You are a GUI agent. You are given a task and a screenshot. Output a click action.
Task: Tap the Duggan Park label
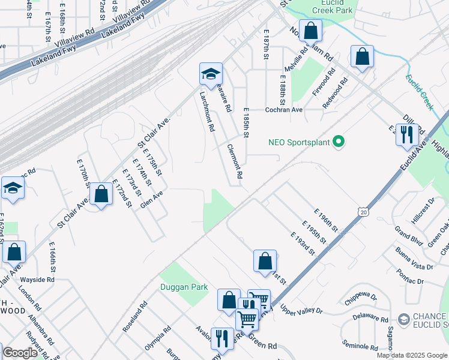(184, 287)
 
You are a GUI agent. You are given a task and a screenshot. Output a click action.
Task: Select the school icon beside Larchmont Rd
(211, 74)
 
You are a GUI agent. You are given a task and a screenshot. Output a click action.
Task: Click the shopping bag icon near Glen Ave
(101, 194)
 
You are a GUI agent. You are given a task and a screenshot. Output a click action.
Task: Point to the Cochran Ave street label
(285, 110)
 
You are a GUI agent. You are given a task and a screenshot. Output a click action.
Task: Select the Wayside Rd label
(37, 280)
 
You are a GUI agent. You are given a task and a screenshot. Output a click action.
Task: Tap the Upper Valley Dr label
(301, 311)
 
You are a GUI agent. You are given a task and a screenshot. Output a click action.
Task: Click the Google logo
(20, 353)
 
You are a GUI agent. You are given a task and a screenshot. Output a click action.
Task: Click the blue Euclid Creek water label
(419, 92)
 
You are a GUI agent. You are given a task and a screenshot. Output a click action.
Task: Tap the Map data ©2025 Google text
(411, 355)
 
